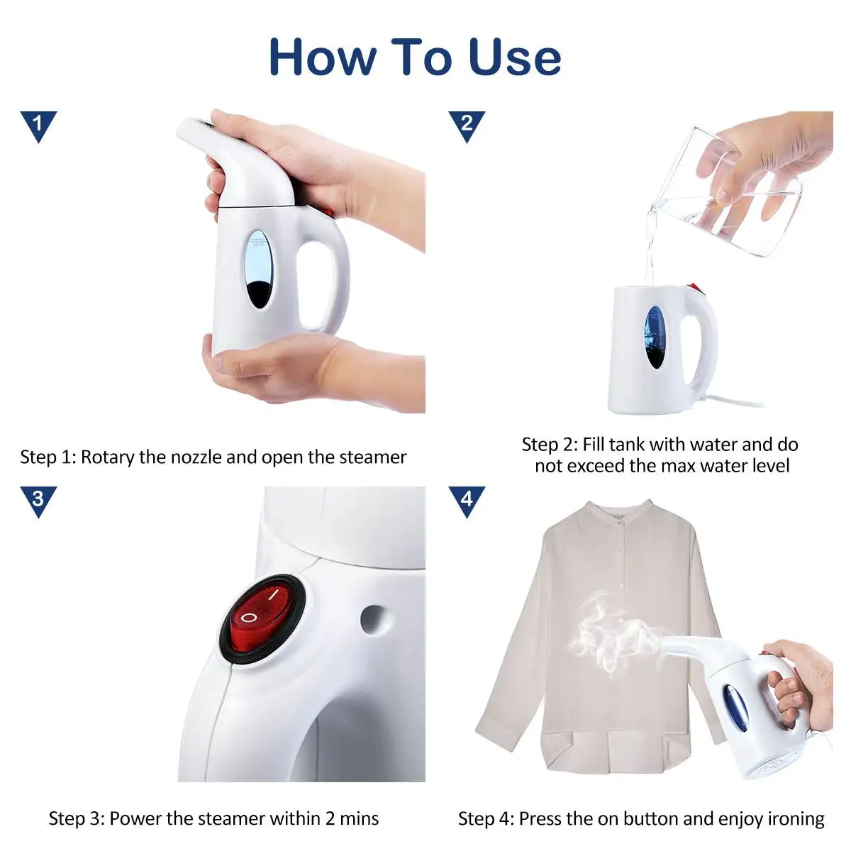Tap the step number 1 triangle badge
point(38,125)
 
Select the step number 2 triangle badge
point(467,125)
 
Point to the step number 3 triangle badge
point(38,501)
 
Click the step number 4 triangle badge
point(467,501)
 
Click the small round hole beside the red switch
point(373,618)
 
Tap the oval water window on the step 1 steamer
point(260,269)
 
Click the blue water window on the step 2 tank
point(655,337)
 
